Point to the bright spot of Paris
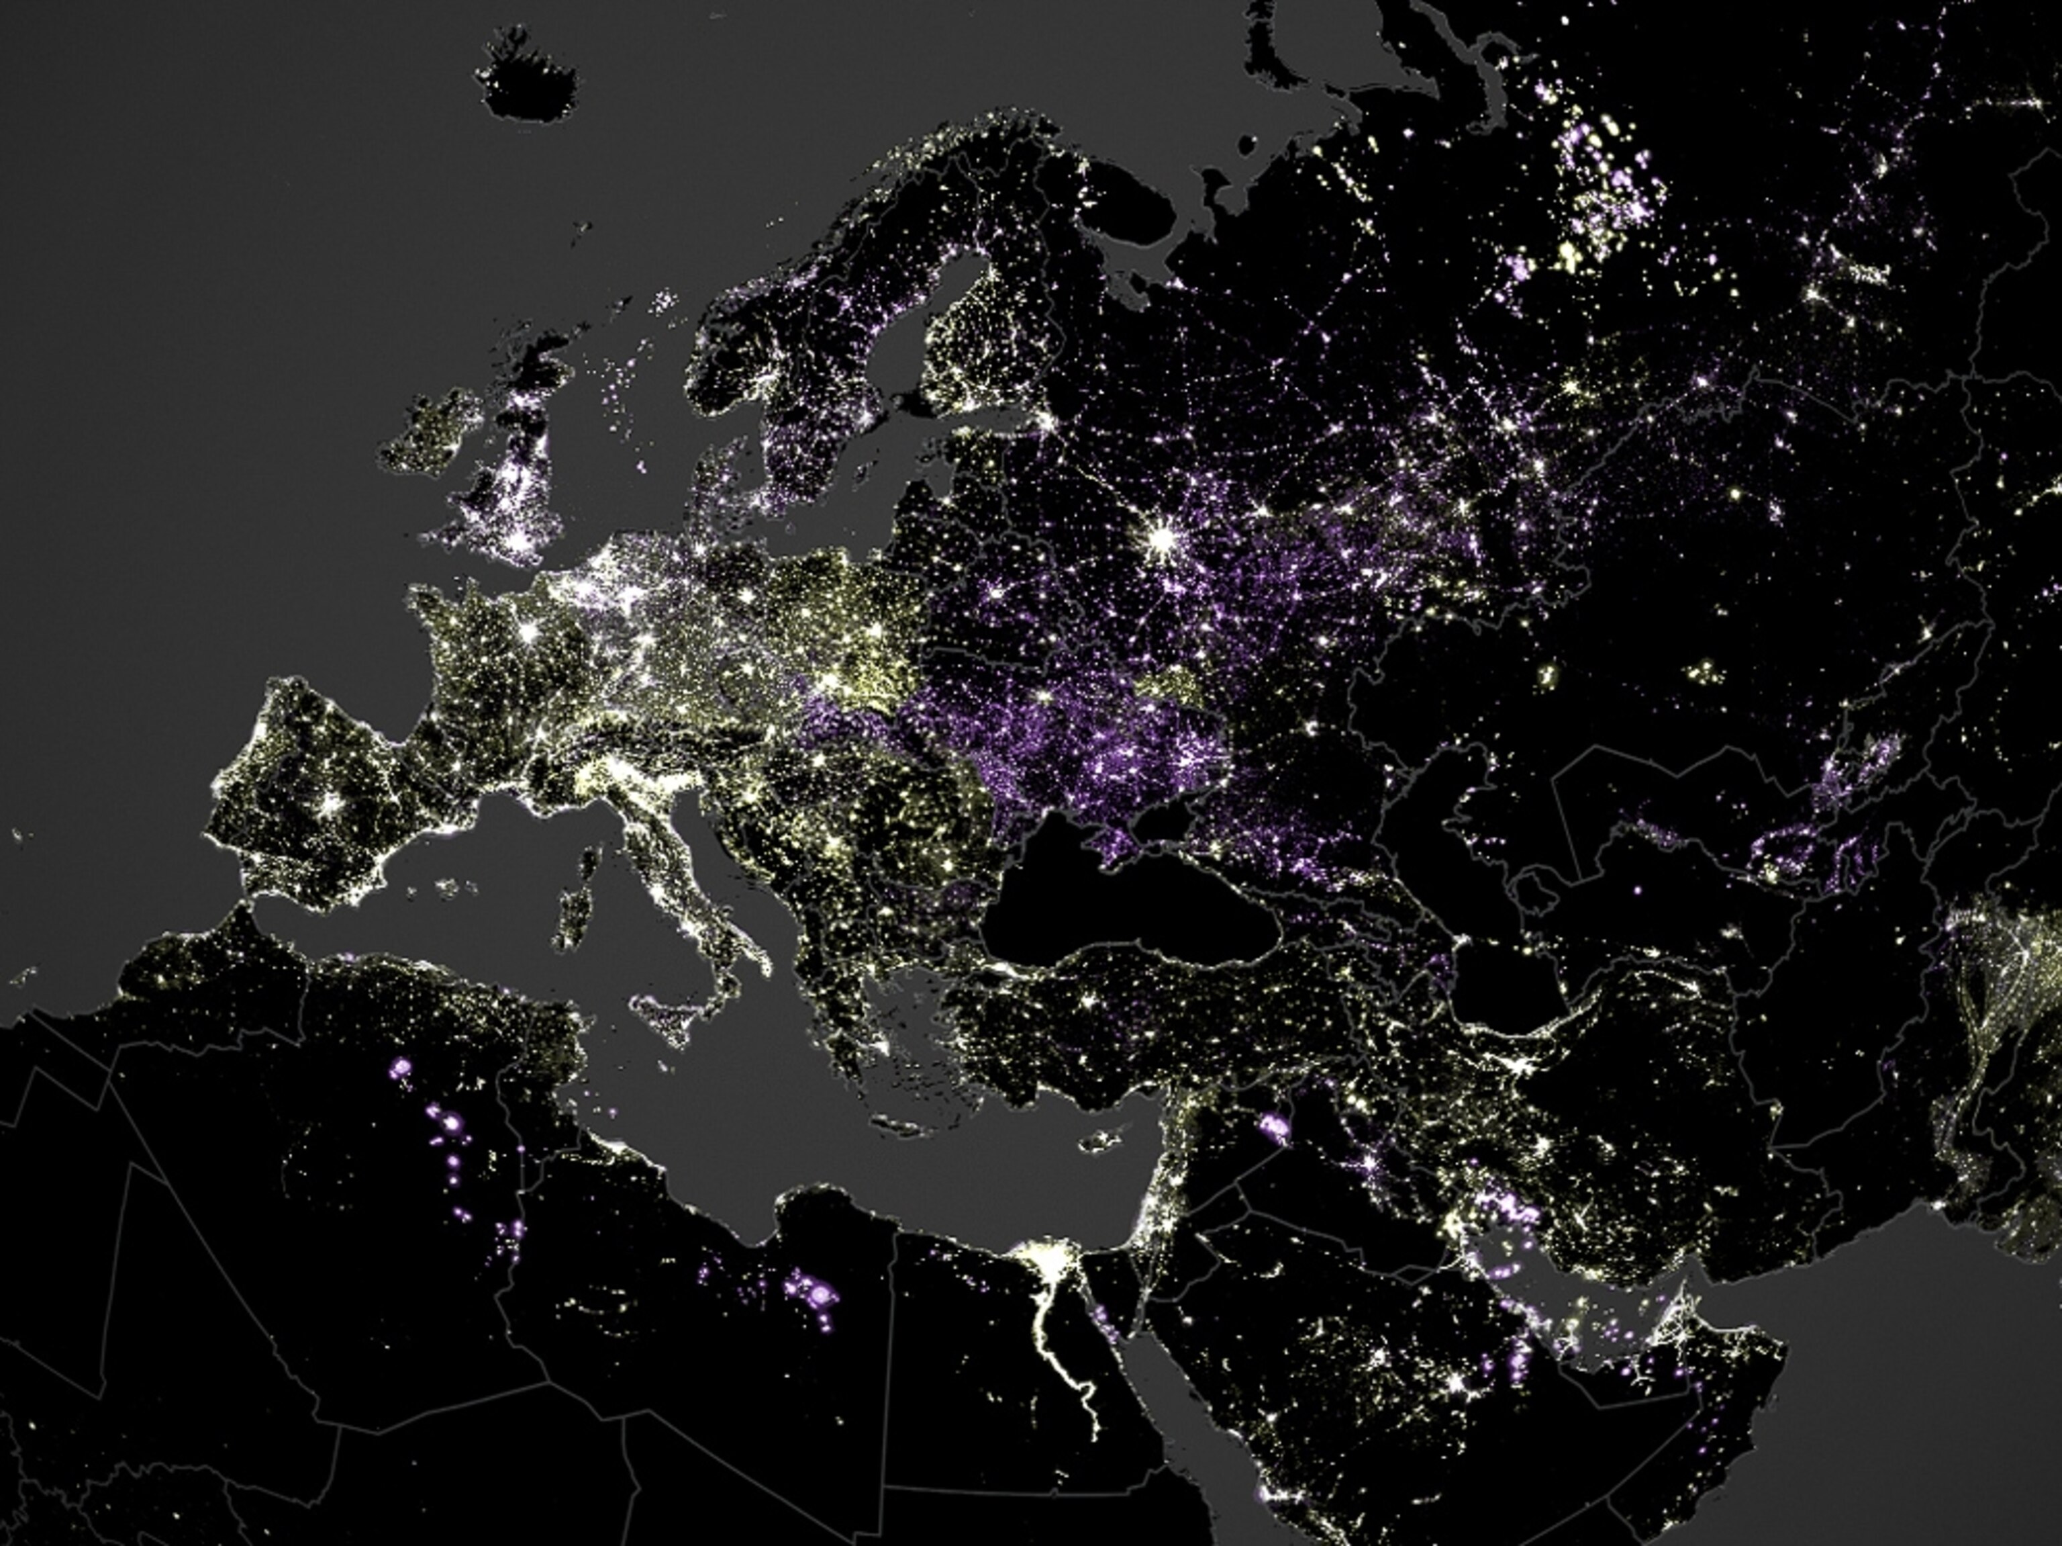pyautogui.click(x=528, y=631)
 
